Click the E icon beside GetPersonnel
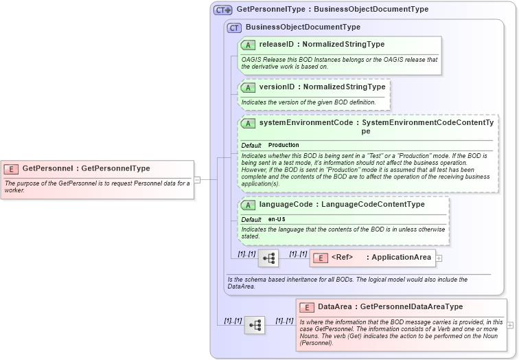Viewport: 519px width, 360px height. pyautogui.click(x=11, y=168)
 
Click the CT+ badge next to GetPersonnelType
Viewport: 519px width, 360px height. pyautogui.click(x=223, y=10)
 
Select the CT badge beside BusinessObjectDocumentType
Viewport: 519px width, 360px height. pyautogui.click(x=235, y=27)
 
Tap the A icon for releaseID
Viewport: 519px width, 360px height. pyautogui.click(x=249, y=45)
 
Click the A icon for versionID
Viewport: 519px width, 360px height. pyautogui.click(x=249, y=87)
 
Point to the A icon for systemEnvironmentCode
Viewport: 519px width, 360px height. pyautogui.click(x=249, y=123)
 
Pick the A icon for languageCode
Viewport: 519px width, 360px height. pyautogui.click(x=249, y=205)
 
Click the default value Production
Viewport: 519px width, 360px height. pyautogui.click(x=284, y=146)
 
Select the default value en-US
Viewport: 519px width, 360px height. pyautogui.click(x=277, y=219)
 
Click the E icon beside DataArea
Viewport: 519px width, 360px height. pyautogui.click(x=307, y=307)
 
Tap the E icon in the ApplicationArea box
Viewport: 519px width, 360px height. pyautogui.click(x=321, y=258)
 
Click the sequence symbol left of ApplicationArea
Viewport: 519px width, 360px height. pyautogui.click(x=268, y=258)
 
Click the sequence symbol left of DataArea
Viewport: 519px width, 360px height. pyautogui.click(x=255, y=325)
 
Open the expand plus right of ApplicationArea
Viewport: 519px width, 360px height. pyautogui.click(x=439, y=258)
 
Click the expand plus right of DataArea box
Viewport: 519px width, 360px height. pyautogui.click(x=510, y=325)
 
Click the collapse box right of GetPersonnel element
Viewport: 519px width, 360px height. pyautogui.click(x=197, y=179)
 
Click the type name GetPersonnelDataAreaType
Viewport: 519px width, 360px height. pyautogui.click(x=411, y=307)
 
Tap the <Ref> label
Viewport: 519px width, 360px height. pyautogui.click(x=342, y=258)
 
